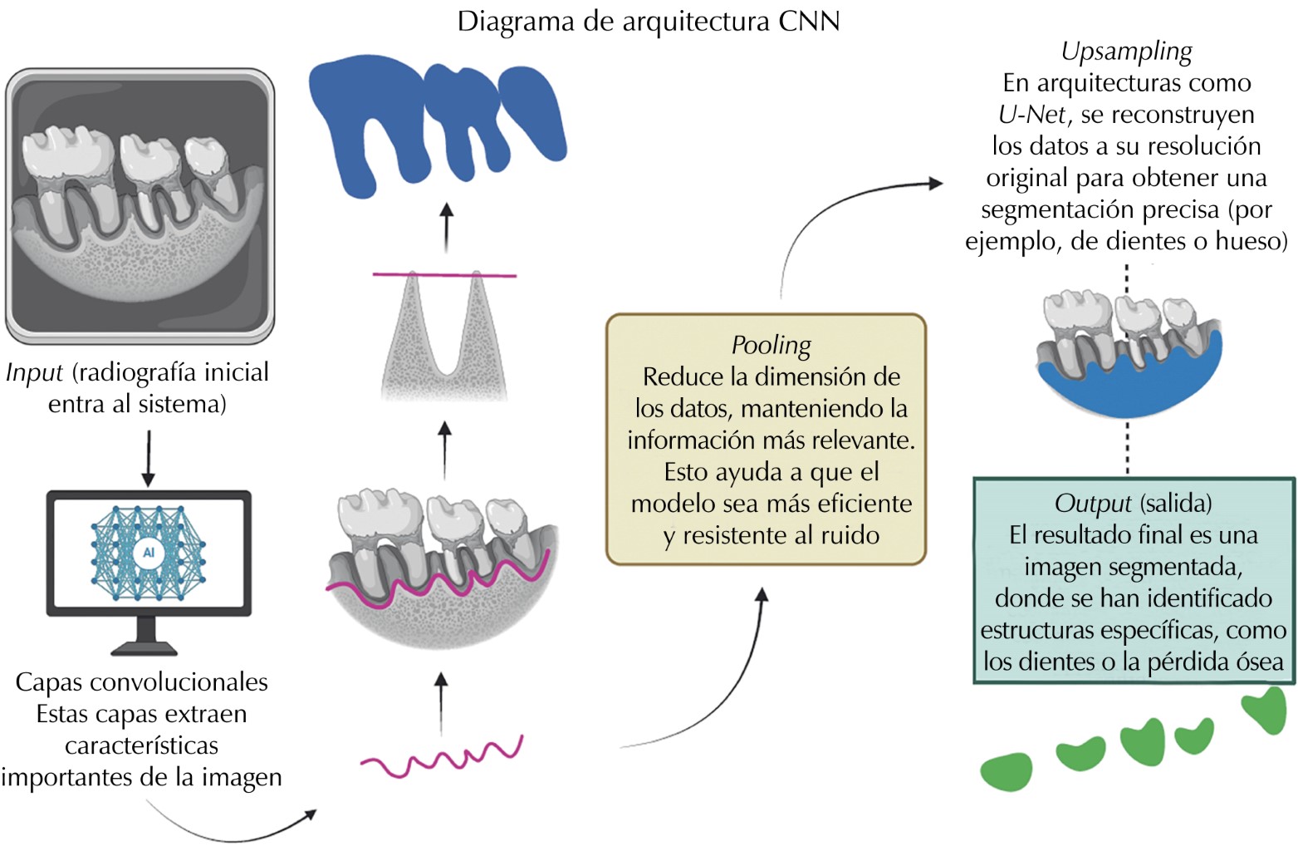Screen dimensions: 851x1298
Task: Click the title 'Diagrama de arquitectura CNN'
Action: [648, 21]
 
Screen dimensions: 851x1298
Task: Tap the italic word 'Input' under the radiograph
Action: [34, 372]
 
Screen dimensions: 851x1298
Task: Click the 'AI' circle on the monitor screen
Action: [149, 553]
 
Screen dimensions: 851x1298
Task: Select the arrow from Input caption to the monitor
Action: [148, 458]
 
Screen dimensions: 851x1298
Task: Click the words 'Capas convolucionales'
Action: [142, 682]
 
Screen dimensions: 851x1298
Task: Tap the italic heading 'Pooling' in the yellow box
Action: [771, 345]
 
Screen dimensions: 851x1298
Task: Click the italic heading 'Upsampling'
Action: [1126, 52]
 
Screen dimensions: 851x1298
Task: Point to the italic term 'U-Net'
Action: [1031, 115]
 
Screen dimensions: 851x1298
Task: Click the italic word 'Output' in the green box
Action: [1092, 504]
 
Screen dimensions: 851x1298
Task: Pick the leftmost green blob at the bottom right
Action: [1007, 771]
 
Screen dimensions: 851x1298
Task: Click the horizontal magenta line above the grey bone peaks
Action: [444, 274]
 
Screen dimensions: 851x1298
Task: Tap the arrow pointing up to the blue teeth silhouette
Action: [447, 227]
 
